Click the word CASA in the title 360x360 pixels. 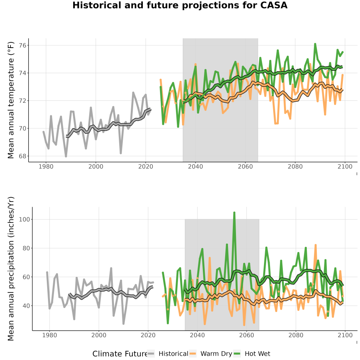coord(274,5)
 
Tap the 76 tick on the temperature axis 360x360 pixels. coord(23,46)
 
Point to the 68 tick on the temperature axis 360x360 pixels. coord(23,156)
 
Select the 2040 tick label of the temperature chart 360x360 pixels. coord(195,166)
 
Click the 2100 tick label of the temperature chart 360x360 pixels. coord(345,166)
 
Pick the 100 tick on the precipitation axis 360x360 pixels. coord(24,219)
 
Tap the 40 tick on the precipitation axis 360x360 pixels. coord(26,306)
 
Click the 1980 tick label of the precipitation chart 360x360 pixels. coord(50,335)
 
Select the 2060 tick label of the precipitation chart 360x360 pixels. coord(246,335)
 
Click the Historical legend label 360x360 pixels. coord(173,354)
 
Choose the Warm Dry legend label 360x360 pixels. coord(216,354)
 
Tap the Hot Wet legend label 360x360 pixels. coord(257,354)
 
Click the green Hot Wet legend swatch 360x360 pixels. coord(237,354)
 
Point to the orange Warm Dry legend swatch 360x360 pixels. coord(193,354)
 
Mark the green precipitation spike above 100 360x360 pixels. coord(234,213)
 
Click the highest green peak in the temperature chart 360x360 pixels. coord(315,44)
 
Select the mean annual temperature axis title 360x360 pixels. coord(11,100)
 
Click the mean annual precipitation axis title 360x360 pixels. coord(11,269)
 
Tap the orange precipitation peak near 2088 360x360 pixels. coord(316,245)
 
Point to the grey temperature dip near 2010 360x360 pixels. coord(121,153)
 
